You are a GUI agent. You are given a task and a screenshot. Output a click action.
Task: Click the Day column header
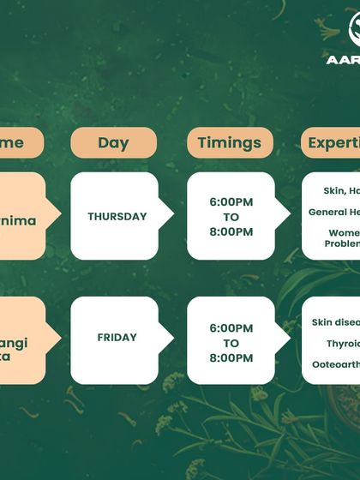[113, 142]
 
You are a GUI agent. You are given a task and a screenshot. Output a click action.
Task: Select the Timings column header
[231, 142]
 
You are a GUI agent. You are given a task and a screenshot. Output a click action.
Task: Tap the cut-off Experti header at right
[333, 142]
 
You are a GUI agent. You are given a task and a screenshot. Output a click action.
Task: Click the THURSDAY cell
[117, 217]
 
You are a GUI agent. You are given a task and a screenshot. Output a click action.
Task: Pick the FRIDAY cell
[117, 337]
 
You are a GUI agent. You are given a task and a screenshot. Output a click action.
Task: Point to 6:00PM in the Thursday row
[231, 202]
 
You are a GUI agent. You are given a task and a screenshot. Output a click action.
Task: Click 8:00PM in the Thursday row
[231, 231]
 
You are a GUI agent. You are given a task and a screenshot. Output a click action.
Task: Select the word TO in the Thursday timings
[231, 217]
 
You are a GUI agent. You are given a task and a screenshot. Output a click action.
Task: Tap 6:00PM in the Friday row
[231, 328]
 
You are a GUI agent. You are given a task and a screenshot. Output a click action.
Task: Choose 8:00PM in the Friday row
[231, 357]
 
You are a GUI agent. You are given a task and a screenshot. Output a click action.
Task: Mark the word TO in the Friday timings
[231, 343]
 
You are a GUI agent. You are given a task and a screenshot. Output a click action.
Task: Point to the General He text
[335, 212]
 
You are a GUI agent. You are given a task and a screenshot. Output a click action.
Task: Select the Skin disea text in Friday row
[335, 323]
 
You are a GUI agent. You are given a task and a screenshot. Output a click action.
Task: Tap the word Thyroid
[343, 343]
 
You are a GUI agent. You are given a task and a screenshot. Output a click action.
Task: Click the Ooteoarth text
[337, 364]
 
